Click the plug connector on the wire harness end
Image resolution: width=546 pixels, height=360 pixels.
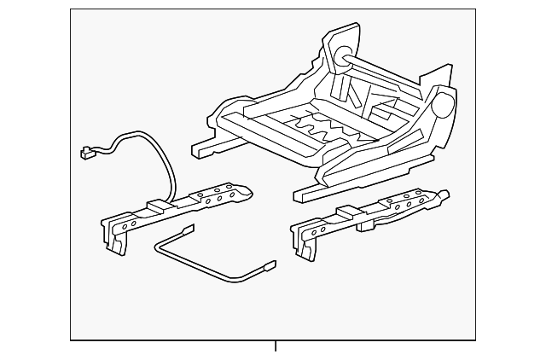point(86,154)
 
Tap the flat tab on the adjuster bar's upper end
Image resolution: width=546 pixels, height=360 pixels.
point(187,230)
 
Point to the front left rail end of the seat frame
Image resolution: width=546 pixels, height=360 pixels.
point(199,151)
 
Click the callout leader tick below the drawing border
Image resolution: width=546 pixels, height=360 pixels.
point(276,345)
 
